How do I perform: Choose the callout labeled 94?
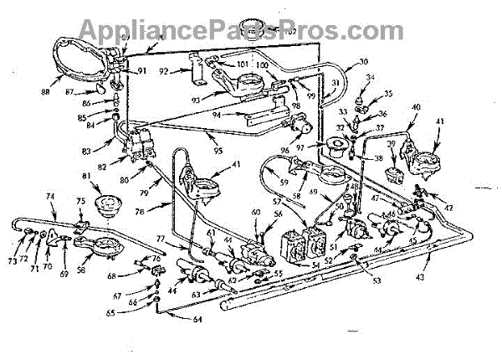pyautogui.click(x=215, y=116)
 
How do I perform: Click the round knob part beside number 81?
pyautogui.click(x=109, y=203)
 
